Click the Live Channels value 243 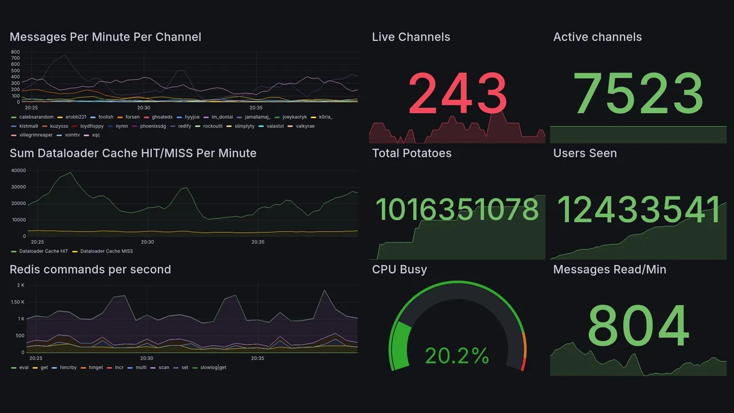pos(457,94)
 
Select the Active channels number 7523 pos(638,94)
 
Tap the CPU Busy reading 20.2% pos(457,356)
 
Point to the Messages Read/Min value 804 pos(638,325)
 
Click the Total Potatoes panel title pos(412,153)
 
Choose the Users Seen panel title pos(585,153)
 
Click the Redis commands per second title pos(90,270)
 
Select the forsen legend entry pos(132,117)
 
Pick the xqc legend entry pos(92,135)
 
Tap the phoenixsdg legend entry pos(153,126)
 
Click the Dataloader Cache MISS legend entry pos(106,251)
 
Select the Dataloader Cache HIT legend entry pos(43,251)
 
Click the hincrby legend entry pos(68,367)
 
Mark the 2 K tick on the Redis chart pos(21,285)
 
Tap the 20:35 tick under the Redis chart pos(257,359)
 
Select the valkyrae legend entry pos(305,126)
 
